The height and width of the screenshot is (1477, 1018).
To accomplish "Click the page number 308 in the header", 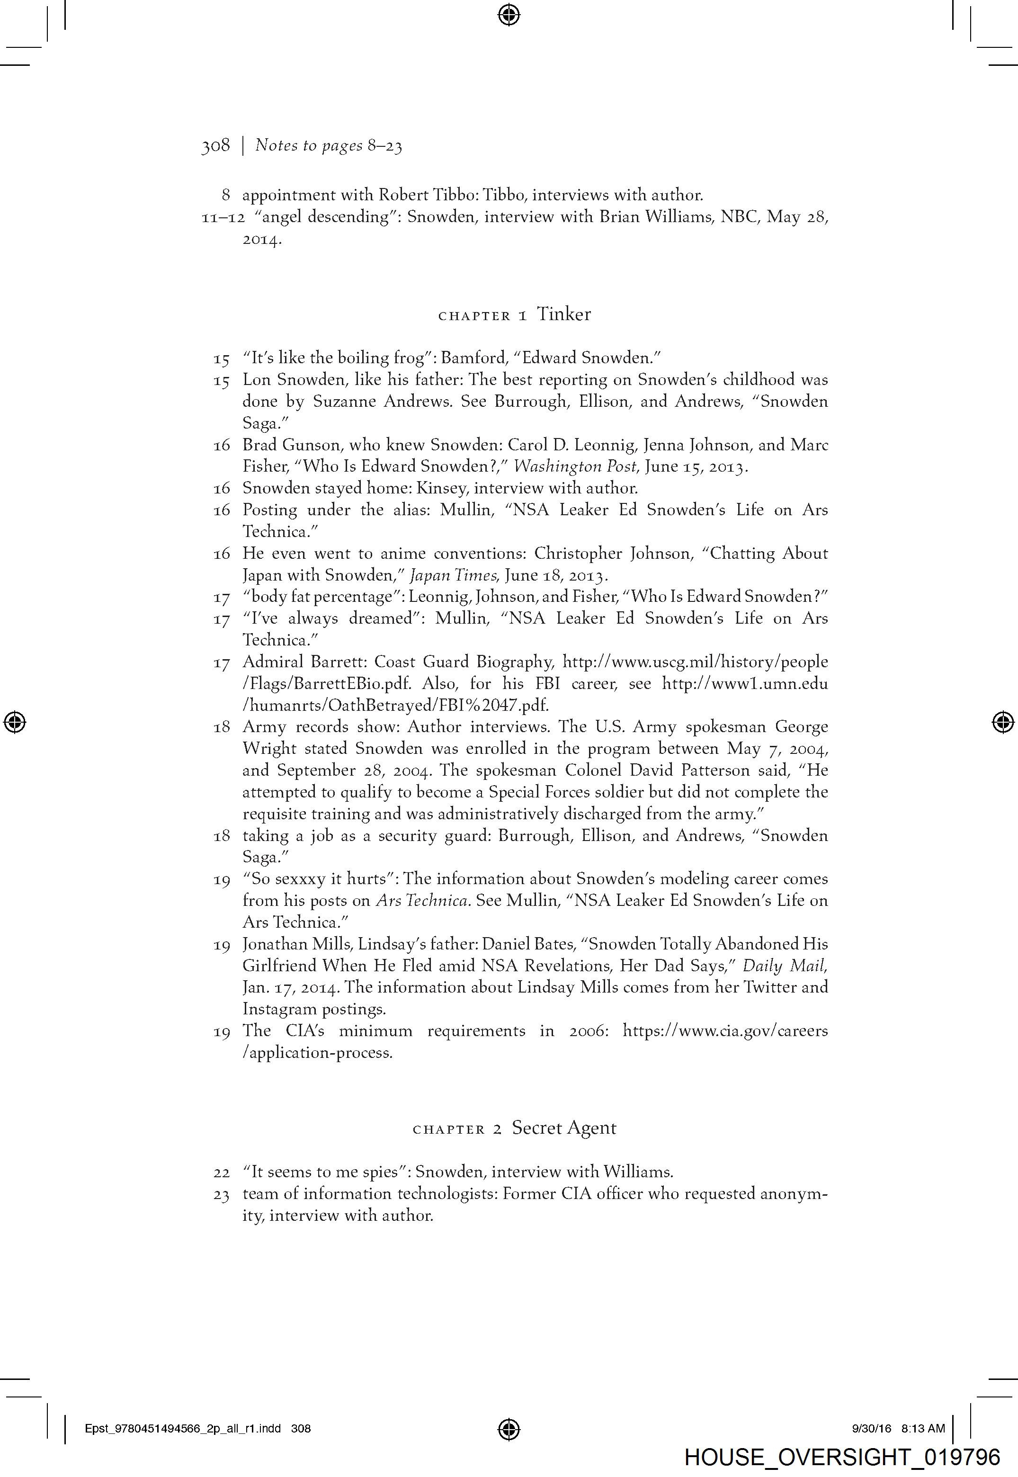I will pos(215,146).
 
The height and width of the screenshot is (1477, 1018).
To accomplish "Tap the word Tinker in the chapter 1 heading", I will pos(563,314).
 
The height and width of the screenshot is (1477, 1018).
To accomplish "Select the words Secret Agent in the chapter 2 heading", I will pos(564,1128).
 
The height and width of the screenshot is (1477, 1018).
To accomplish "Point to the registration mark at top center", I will pos(509,14).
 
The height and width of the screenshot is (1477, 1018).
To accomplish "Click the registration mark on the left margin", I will pos(15,723).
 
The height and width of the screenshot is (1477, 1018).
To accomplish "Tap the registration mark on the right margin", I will pos(1003,723).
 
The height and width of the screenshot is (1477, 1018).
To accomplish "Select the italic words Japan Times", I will pos(453,575).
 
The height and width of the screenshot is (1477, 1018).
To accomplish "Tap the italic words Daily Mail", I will pos(785,966).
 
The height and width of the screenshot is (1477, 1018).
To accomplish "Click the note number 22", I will pos(221,1172).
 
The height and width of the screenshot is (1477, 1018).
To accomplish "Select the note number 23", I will pos(221,1194).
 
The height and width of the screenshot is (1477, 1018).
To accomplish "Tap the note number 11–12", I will pos(223,217).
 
